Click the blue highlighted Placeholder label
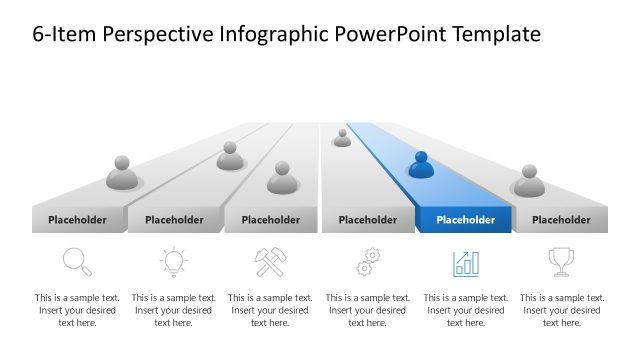click(465, 220)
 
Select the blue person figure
click(421, 165)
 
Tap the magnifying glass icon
click(77, 262)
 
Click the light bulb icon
click(174, 262)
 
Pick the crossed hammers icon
click(271, 262)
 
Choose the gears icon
click(368, 262)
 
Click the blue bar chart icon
click(466, 263)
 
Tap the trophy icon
click(561, 262)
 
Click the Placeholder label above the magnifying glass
click(77, 220)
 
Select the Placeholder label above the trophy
click(561, 220)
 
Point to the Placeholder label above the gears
click(368, 220)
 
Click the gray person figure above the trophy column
click(529, 181)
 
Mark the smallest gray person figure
click(342, 138)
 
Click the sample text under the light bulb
click(174, 310)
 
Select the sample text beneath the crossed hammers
click(271, 310)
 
